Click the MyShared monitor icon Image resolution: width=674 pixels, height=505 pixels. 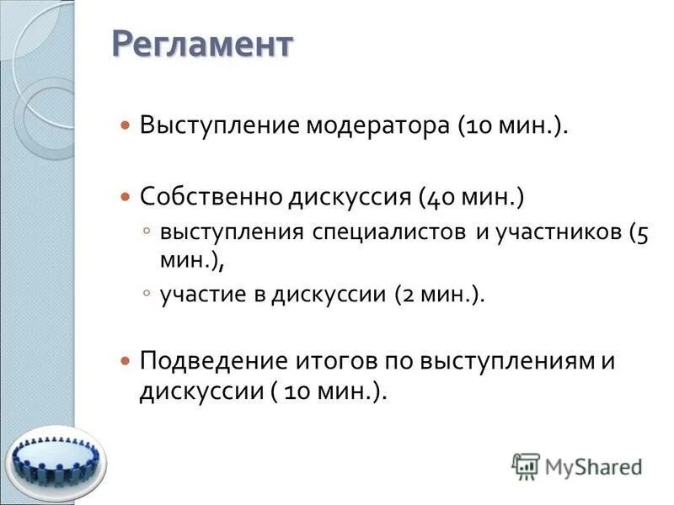point(526,465)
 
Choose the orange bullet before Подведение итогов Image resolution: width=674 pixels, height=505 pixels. point(126,362)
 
